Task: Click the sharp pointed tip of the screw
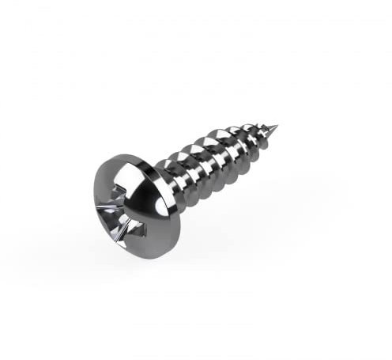277,124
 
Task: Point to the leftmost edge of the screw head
92,198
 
